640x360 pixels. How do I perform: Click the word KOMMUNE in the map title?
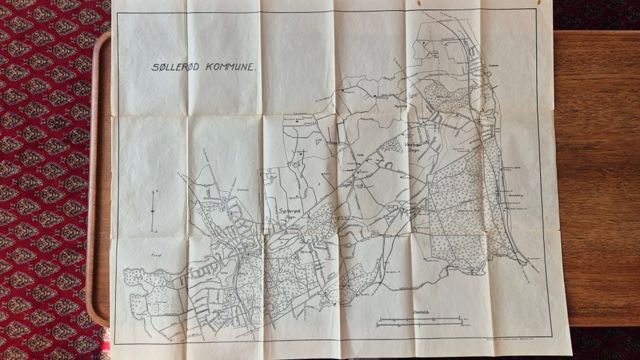tap(225, 67)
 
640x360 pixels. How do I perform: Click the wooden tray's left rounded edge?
tap(94, 180)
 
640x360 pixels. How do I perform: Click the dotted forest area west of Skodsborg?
tap(453, 213)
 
